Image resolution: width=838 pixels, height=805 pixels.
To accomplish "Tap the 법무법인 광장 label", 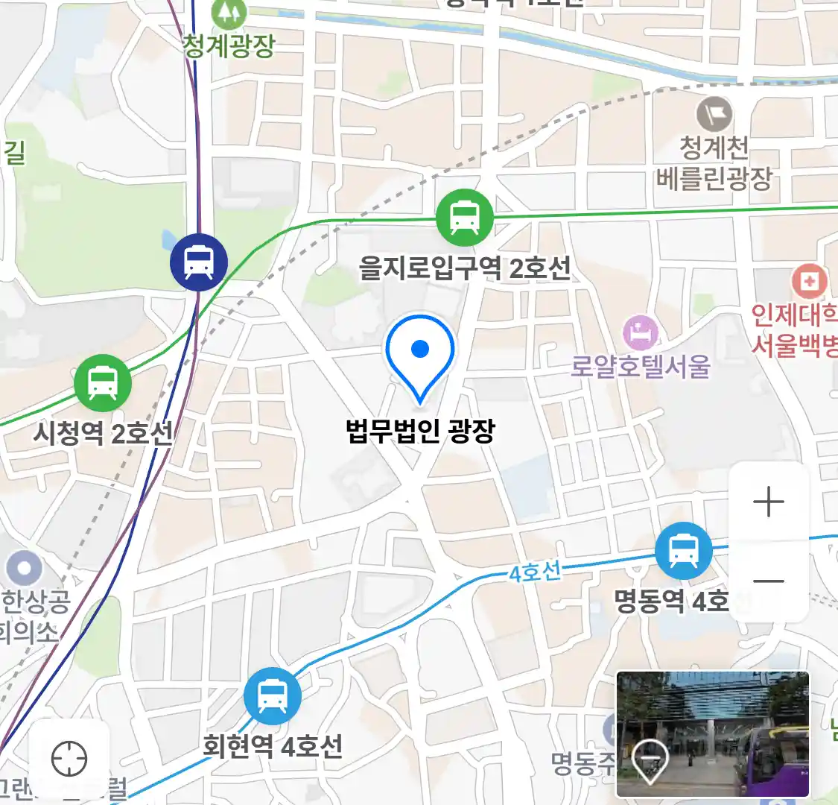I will click(420, 431).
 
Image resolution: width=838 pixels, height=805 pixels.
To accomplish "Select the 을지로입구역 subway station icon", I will click(465, 218).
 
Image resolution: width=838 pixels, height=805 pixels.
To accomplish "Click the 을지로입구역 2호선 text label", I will click(465, 268).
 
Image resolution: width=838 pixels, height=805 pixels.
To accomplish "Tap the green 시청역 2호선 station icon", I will click(103, 384).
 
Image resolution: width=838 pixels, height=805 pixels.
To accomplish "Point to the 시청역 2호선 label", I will click(103, 432).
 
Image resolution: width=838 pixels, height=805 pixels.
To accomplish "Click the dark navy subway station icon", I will click(199, 262).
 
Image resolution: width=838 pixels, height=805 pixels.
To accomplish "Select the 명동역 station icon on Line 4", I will click(683, 551).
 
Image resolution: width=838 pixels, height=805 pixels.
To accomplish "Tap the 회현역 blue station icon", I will click(272, 696).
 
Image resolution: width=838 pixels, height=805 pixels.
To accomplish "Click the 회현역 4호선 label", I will click(273, 745).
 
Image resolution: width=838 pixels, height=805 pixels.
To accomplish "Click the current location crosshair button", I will click(69, 760).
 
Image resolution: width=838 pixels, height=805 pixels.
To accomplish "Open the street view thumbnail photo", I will click(712, 734).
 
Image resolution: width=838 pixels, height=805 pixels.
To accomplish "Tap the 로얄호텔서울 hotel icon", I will click(641, 333).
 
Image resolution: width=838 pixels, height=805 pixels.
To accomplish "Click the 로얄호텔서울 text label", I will click(641, 367).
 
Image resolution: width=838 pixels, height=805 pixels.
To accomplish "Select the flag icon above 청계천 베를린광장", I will click(714, 115).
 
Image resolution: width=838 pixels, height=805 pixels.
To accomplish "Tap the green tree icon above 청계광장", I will click(228, 12).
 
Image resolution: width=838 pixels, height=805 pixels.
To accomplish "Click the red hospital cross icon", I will click(809, 282).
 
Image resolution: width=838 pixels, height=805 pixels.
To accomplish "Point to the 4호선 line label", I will click(535, 572).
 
